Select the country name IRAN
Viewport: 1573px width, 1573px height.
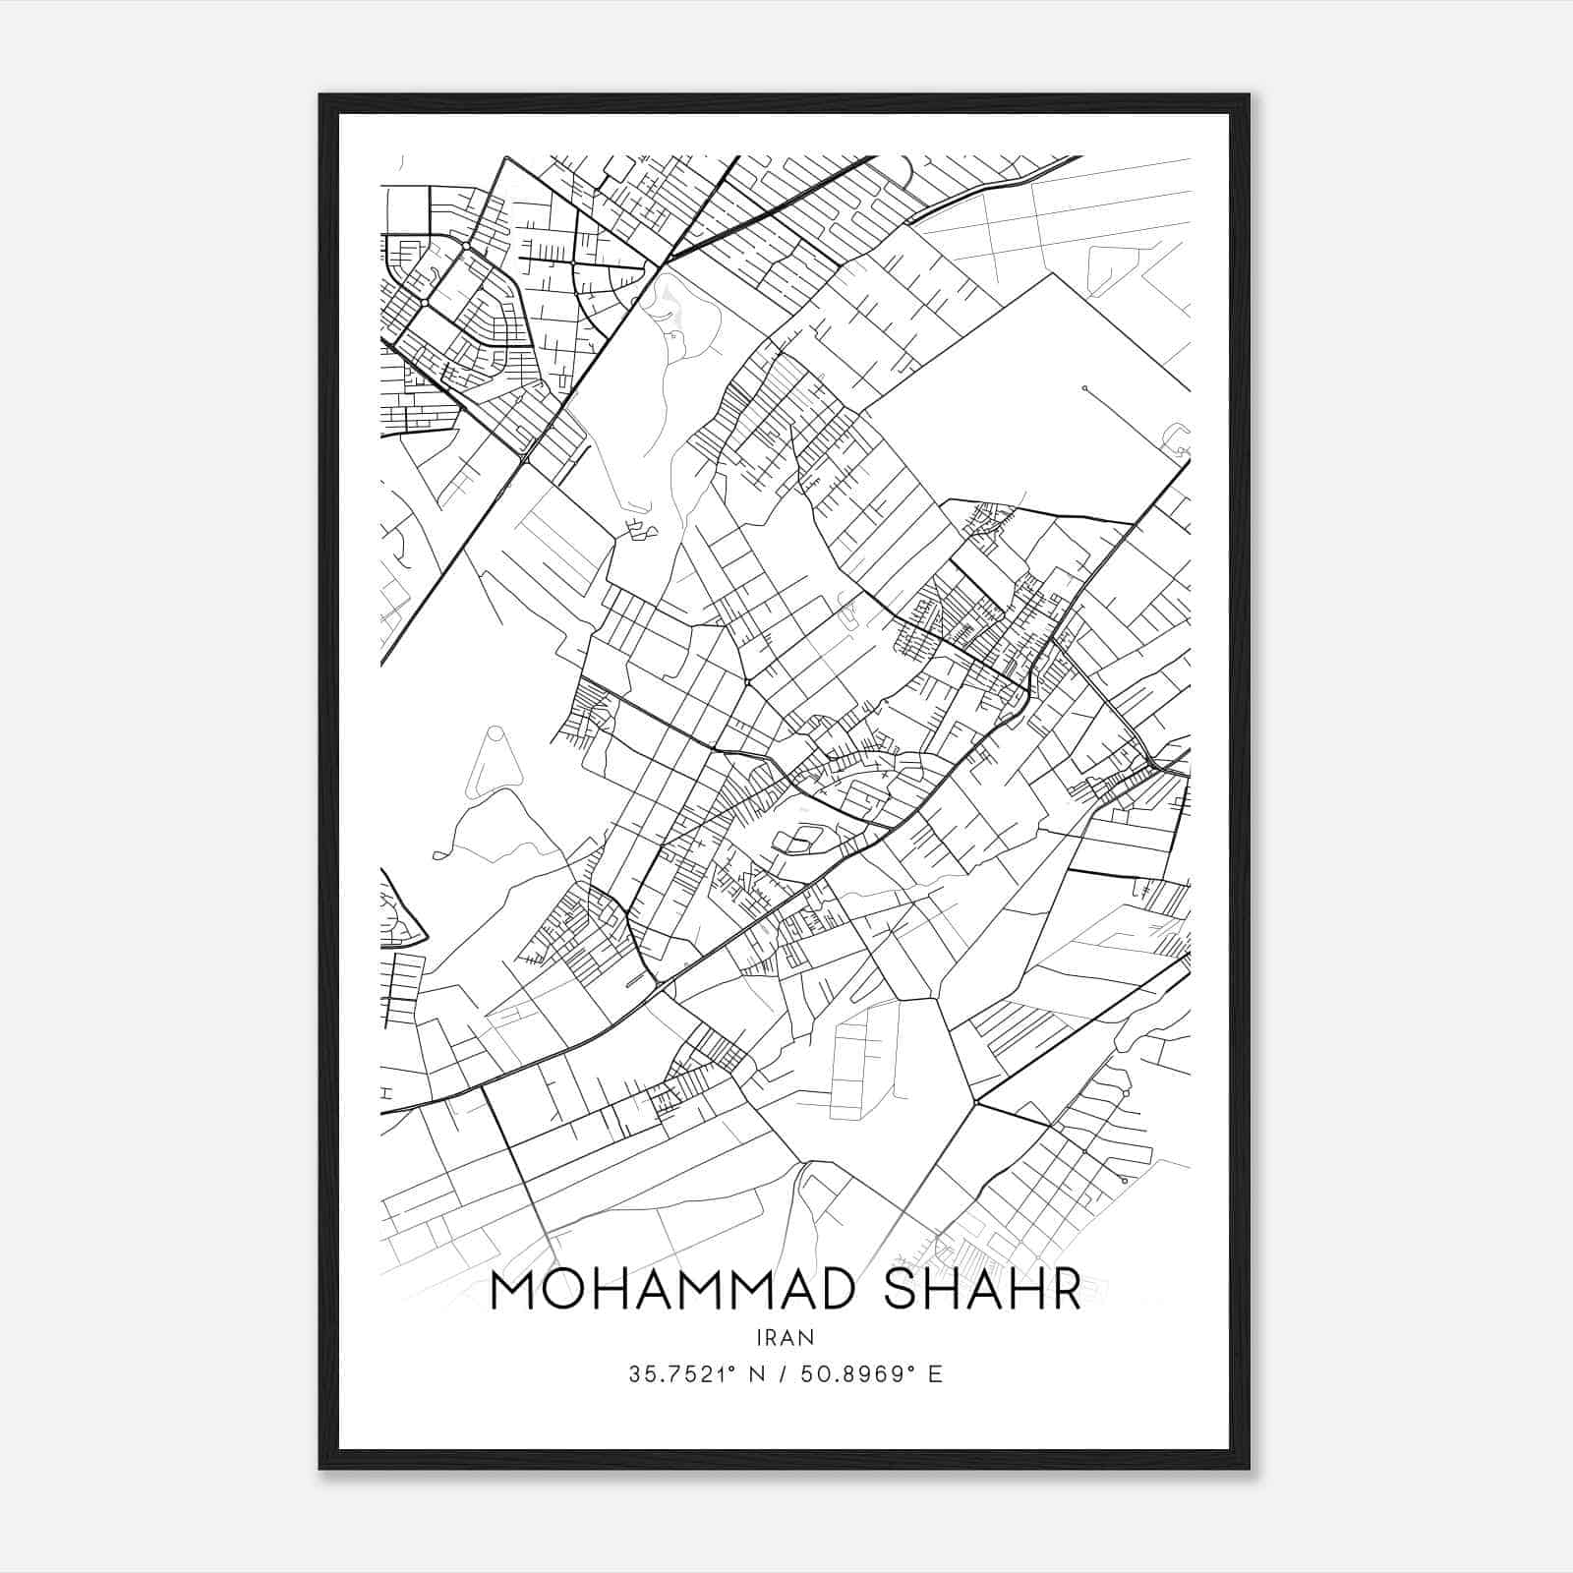[786, 1337]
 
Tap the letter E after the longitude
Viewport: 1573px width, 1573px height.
[935, 1374]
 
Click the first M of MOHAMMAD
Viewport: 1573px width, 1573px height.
[514, 1291]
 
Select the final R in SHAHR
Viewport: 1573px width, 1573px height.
[1064, 1291]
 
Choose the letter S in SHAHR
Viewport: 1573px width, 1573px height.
[904, 1291]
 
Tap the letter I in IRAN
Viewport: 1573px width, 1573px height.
[760, 1337]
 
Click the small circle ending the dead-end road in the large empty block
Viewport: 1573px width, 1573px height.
[1084, 388]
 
